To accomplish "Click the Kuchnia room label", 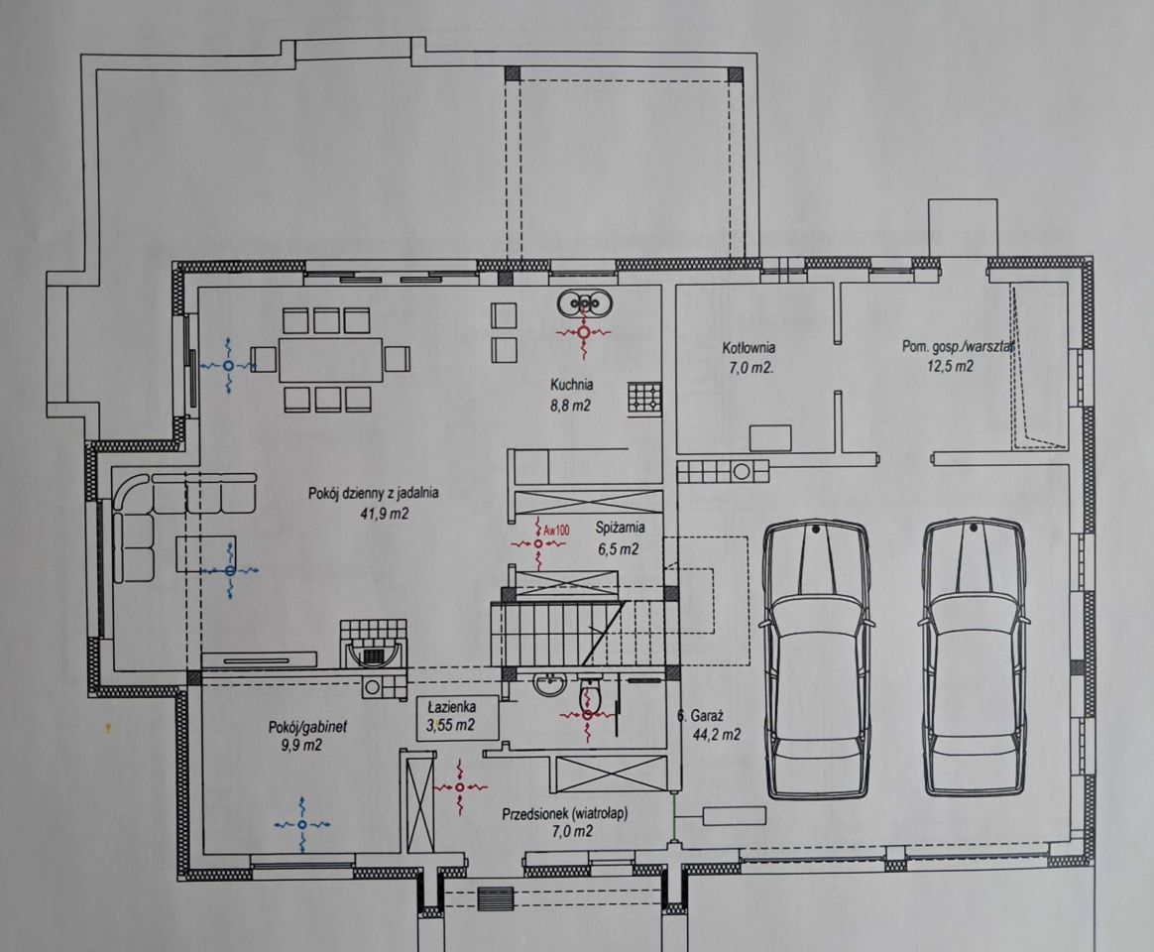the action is pos(572,385).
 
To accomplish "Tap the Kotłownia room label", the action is pos(748,348).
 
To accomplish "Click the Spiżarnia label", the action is pos(620,528).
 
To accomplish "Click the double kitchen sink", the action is pos(585,302).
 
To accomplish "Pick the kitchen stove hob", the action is pos(644,398).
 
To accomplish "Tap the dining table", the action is pos(331,359).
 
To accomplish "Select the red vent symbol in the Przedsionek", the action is pos(460,787).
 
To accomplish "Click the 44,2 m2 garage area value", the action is pos(717,734).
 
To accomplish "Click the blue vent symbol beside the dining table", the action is pos(228,365).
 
